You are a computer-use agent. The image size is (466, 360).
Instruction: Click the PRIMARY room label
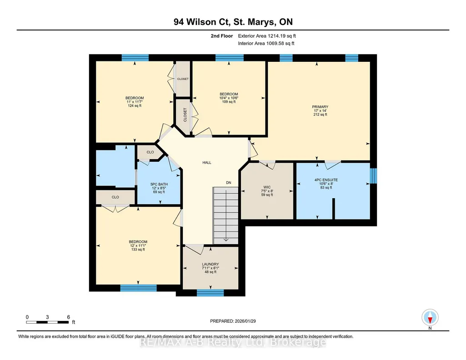(x=320, y=107)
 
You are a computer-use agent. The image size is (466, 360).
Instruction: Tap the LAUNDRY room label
(x=210, y=264)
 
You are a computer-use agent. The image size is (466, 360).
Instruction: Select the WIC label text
(x=267, y=187)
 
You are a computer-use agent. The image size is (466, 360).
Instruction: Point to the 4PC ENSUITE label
(x=326, y=180)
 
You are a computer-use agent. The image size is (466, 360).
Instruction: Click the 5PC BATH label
(x=159, y=184)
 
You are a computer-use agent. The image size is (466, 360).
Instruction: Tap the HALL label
(x=207, y=162)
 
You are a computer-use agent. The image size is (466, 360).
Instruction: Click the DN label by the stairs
(x=229, y=183)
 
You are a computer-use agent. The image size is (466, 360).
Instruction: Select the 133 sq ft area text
(x=138, y=250)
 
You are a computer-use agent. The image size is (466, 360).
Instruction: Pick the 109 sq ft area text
(x=229, y=102)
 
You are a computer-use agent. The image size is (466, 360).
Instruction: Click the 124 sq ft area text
(x=135, y=106)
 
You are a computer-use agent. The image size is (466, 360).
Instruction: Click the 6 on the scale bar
(x=68, y=317)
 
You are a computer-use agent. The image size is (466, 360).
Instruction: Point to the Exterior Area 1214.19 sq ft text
(x=267, y=36)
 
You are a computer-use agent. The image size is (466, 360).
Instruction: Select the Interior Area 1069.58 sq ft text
(x=266, y=43)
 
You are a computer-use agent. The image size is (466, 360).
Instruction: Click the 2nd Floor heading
(x=222, y=36)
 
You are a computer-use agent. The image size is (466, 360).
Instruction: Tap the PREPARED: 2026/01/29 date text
(x=233, y=321)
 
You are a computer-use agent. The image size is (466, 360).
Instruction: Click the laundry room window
(x=210, y=293)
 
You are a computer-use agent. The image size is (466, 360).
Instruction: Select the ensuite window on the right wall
(x=374, y=176)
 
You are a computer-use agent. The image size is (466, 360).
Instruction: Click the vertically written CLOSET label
(x=185, y=115)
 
